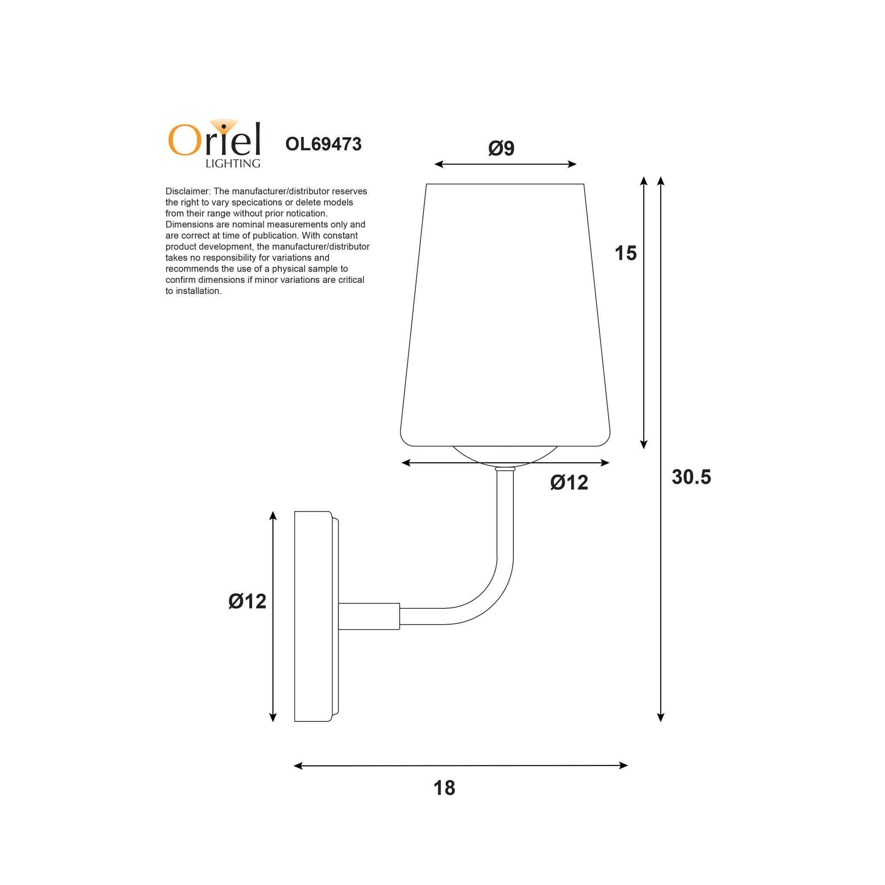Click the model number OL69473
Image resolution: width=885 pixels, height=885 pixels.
coord(323,144)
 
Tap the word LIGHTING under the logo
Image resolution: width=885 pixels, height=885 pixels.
coord(233,164)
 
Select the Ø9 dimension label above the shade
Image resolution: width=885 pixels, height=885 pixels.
coord(501,149)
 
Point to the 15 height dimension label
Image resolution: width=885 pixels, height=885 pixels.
coord(625,253)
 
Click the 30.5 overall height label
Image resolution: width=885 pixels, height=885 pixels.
coord(691,477)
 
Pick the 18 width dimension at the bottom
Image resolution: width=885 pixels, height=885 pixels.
coord(444,788)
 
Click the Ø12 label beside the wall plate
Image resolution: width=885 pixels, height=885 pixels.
coord(247,601)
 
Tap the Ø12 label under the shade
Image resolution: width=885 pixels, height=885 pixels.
coord(569,483)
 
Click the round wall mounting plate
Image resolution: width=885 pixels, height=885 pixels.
coord(313,616)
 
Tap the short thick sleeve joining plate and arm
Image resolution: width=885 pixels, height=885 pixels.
coord(369,616)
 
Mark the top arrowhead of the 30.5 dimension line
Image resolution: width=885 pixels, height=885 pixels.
coord(661,180)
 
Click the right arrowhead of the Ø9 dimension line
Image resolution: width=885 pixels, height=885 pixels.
coord(572,164)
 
